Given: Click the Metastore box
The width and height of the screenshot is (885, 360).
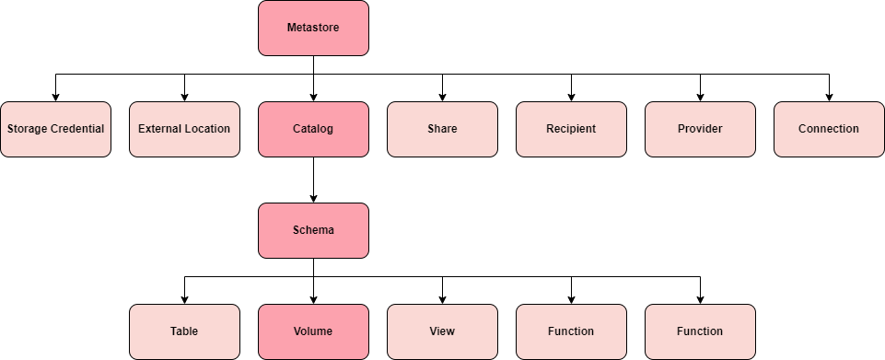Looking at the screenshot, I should point(313,28).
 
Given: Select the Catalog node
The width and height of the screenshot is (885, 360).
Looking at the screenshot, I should point(313,129).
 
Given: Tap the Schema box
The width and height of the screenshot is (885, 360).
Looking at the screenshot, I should point(313,230).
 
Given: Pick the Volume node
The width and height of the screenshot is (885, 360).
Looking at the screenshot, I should point(313,331).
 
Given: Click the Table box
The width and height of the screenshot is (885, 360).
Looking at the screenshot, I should point(184,331).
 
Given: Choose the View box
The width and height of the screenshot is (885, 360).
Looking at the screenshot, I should point(442,331).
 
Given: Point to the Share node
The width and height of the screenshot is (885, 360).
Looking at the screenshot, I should point(442,129).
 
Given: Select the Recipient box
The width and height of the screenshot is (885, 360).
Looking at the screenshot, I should point(571,129).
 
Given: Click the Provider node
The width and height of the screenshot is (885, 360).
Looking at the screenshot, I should point(700,129).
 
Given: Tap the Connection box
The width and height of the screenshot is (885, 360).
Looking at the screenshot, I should point(829,129).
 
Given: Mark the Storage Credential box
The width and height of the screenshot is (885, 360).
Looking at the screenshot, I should point(55,129).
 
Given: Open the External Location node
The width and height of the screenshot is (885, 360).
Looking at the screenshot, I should point(184,129).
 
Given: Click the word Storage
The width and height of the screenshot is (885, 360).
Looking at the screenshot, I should point(27,129).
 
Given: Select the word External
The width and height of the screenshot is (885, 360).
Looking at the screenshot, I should point(158,129).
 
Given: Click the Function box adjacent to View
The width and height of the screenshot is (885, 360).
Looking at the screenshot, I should point(571,331).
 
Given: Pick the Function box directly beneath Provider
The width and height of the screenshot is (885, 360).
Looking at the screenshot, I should point(700,331).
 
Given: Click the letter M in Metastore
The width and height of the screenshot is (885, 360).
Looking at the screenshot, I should point(291,28).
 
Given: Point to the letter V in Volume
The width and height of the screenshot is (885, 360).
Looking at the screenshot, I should point(297,331).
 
